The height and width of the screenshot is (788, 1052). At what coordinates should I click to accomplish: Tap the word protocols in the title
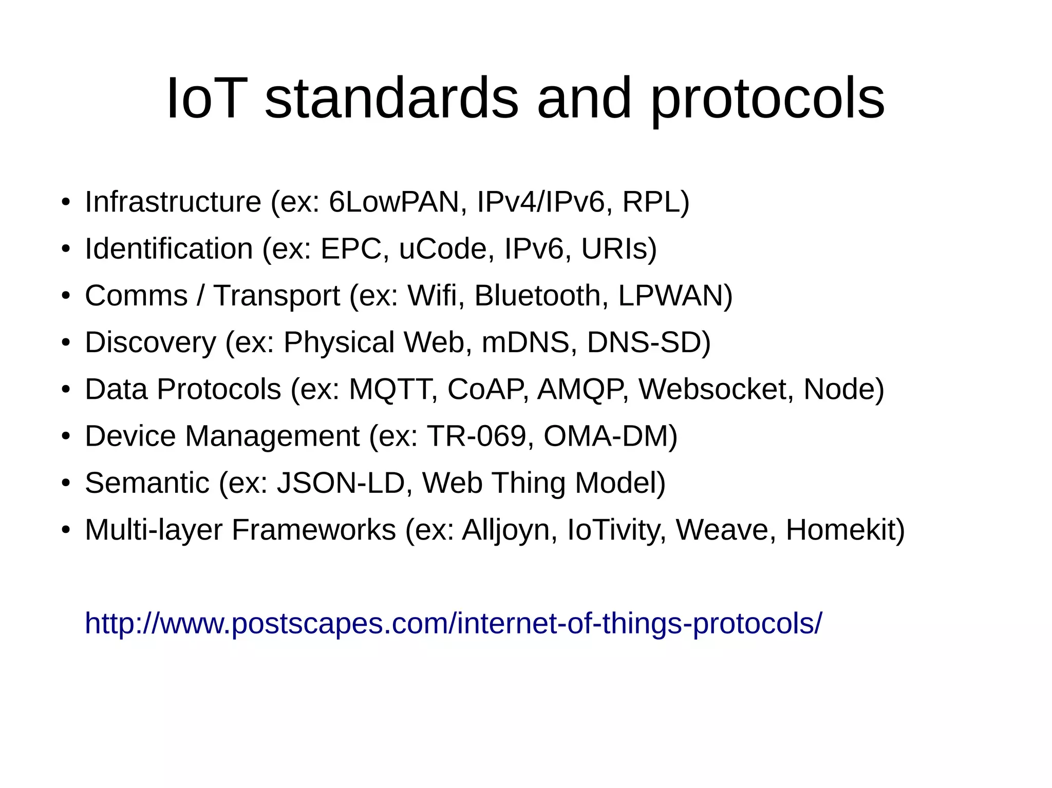pos(767,99)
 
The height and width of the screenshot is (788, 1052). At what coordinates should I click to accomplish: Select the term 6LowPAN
pos(393,201)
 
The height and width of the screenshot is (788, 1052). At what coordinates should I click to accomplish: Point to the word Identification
pos(169,248)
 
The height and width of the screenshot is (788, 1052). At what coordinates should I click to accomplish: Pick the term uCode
pos(443,248)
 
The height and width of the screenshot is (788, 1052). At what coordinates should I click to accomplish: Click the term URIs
pos(614,248)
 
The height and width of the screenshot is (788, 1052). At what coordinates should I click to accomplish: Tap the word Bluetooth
pos(537,295)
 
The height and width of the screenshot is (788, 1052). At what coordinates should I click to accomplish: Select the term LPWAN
pos(671,295)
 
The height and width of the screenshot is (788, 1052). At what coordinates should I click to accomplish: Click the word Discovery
pos(151,342)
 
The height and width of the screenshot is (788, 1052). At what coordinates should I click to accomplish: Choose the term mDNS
pos(525,342)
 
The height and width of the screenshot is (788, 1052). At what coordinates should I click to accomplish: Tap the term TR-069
pos(477,436)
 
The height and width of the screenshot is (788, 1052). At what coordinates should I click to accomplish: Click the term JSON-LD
pos(341,483)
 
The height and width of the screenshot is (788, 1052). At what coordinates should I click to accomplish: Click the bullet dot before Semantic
pos(65,483)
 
